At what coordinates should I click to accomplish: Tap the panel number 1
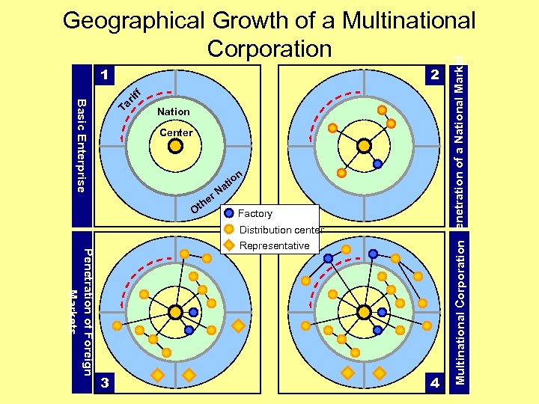pyautogui.click(x=106, y=75)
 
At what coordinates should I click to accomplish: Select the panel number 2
pyautogui.click(x=433, y=75)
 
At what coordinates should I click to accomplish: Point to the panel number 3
pyautogui.click(x=106, y=382)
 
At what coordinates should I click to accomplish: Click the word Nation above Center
pyautogui.click(x=174, y=111)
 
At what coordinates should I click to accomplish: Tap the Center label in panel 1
pyautogui.click(x=176, y=132)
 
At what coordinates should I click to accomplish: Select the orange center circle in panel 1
pyautogui.click(x=174, y=147)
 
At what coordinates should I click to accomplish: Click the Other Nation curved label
pyautogui.click(x=216, y=192)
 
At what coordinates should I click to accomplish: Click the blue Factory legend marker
pyautogui.click(x=229, y=214)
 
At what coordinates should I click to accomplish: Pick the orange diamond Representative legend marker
pyautogui.click(x=229, y=245)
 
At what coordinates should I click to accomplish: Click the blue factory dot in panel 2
pyautogui.click(x=378, y=164)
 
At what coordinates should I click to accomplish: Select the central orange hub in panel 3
pyautogui.click(x=174, y=311)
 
